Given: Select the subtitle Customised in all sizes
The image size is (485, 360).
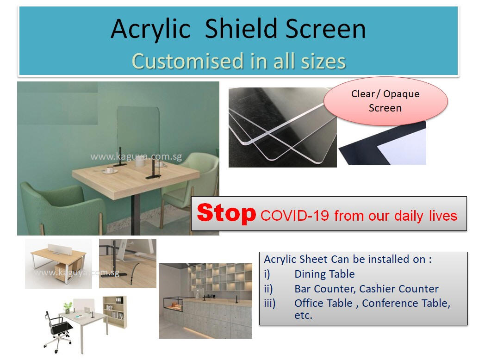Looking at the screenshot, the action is tap(239, 61).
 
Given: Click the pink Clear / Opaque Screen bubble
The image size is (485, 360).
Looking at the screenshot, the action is tap(386, 101).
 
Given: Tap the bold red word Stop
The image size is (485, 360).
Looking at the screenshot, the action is tap(226, 213).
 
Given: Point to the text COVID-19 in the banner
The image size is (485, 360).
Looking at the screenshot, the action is tap(294, 216).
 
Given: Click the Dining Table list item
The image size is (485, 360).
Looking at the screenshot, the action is tap(324, 274).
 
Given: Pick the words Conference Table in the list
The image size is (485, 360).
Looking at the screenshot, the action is tap(406, 303).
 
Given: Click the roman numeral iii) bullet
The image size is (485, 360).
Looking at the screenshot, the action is tap(270, 303).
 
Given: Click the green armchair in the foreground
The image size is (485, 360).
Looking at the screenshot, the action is tap(62, 207).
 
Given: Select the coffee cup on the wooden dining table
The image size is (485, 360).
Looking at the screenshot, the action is tap(110, 170).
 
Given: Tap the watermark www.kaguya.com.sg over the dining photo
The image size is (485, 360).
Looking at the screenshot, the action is tap(136, 156).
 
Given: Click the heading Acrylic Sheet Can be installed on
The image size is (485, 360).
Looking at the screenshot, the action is tap(348, 259).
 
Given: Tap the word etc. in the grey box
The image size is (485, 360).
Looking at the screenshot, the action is tap(304, 316).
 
